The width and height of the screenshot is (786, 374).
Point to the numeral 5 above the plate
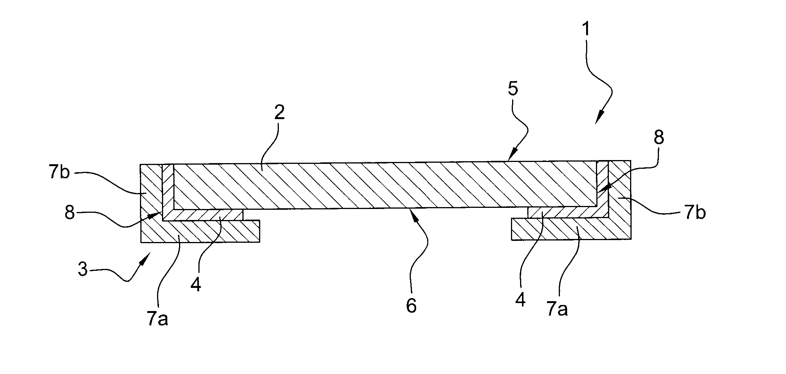click(512, 90)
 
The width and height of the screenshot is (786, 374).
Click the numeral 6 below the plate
click(411, 306)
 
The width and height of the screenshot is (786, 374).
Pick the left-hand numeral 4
click(196, 285)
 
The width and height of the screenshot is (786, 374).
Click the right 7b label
click(695, 214)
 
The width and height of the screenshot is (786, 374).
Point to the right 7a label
click(557, 310)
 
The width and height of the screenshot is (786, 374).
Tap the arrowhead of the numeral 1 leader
click(597, 121)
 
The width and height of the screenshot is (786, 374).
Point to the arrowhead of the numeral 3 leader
click(146, 257)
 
